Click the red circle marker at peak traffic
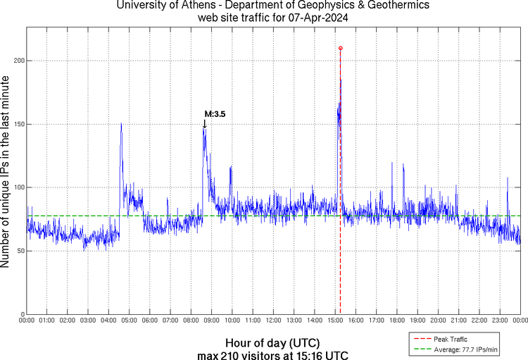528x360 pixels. (341, 48)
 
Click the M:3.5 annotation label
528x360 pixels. (215, 113)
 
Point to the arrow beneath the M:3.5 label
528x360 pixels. (205, 124)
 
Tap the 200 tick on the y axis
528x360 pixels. (19, 61)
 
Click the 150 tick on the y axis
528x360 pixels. (19, 124)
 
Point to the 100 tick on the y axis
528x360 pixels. (19, 187)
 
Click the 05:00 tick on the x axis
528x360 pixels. (130, 320)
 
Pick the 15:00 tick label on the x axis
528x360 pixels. (335, 320)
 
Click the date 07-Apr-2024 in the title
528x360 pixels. (316, 18)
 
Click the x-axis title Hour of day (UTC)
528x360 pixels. (273, 342)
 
